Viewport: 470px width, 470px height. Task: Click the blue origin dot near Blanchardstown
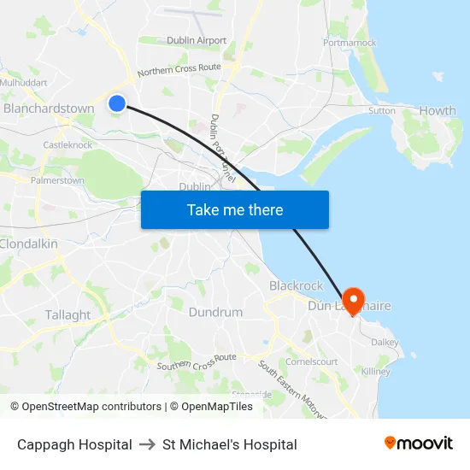(117, 103)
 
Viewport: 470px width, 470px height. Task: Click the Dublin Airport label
(197, 40)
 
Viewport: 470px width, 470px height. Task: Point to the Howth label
(438, 110)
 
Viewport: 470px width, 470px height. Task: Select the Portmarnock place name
(350, 42)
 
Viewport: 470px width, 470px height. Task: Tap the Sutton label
(381, 110)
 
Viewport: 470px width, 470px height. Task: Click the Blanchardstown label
(49, 109)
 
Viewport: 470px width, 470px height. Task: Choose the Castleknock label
(68, 145)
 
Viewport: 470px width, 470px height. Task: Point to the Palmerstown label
(57, 180)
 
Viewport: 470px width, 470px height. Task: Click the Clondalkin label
(29, 244)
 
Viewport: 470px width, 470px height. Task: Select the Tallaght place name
(68, 314)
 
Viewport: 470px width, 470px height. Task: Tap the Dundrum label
(215, 312)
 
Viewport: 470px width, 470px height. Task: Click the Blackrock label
(296, 285)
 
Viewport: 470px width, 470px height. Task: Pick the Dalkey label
(385, 342)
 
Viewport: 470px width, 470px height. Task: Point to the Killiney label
(375, 372)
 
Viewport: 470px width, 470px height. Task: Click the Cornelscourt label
(311, 361)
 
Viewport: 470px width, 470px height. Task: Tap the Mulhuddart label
(23, 83)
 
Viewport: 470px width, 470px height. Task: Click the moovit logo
(418, 444)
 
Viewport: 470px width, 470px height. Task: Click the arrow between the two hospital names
(147, 444)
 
